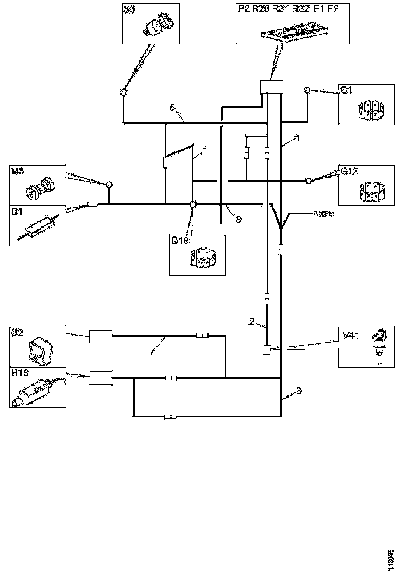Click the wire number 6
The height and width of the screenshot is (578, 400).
[x=172, y=108]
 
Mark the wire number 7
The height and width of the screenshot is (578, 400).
[x=152, y=350]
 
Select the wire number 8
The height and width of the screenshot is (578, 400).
[x=238, y=220]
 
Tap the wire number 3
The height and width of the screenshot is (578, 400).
[x=298, y=390]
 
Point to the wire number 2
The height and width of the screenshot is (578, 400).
[x=252, y=321]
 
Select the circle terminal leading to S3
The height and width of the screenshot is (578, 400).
[x=124, y=92]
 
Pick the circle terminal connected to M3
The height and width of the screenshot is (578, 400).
[x=109, y=184]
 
